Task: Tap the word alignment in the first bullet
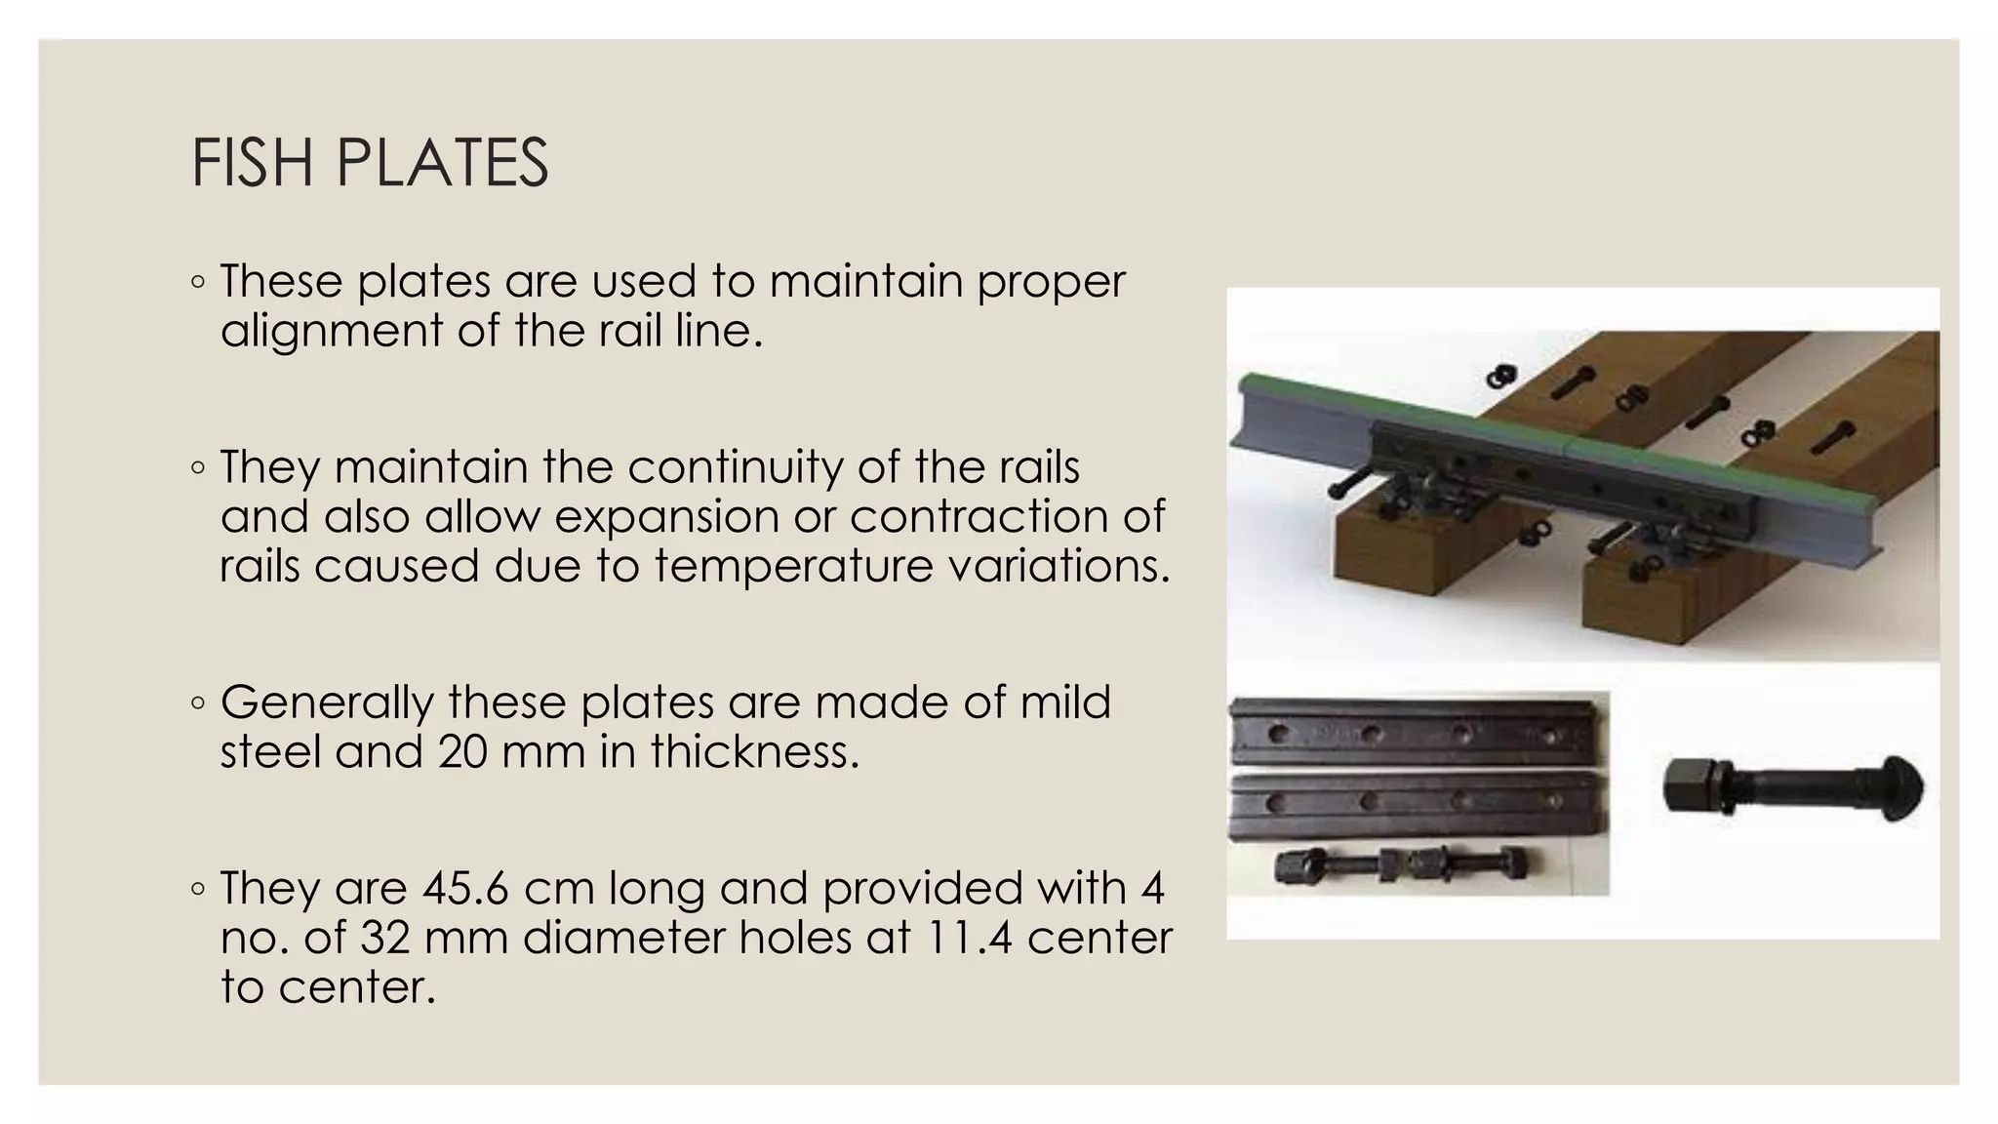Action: (331, 330)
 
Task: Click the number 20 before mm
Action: (461, 751)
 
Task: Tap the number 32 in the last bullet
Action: (385, 938)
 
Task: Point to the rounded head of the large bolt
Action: (1902, 785)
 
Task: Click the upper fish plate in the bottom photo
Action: (1419, 731)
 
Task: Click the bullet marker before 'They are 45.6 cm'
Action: (198, 889)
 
